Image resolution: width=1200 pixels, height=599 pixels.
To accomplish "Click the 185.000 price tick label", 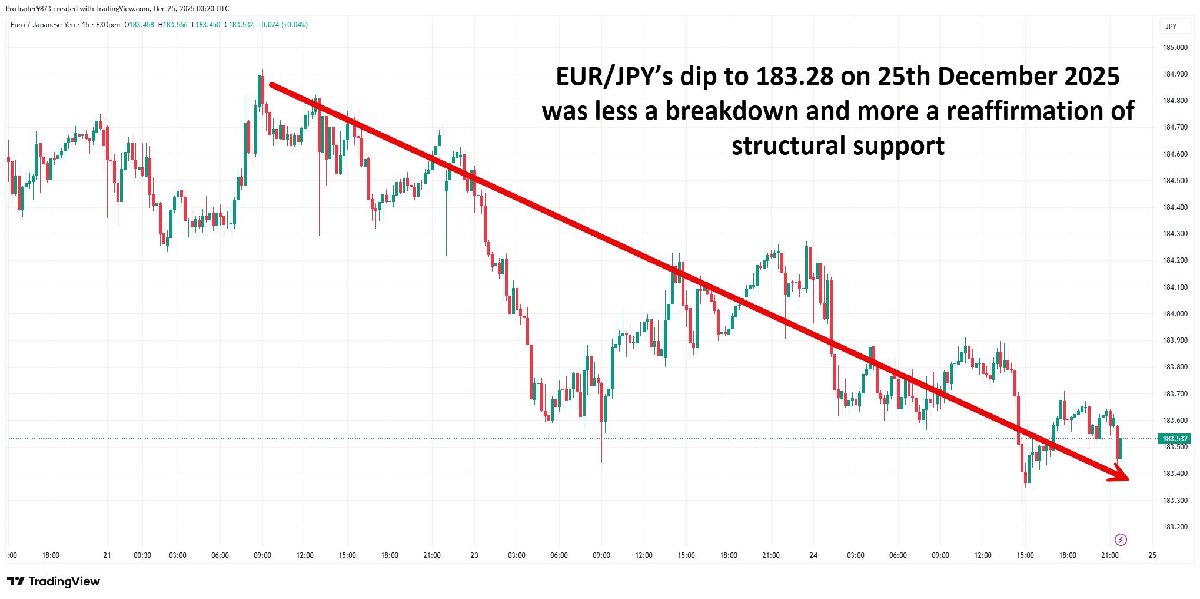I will click(1175, 48).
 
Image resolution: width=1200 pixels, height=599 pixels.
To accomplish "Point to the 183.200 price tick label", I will click(1175, 527).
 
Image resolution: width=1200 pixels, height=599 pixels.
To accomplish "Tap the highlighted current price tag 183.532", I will click(1175, 439).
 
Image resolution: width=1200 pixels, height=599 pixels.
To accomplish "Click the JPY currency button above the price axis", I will click(1171, 27).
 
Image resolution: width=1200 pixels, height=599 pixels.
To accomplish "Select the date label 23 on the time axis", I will click(474, 555).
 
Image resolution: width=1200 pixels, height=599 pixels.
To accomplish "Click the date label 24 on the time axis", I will click(813, 555).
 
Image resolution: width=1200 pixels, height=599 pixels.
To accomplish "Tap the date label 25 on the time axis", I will click(1152, 555).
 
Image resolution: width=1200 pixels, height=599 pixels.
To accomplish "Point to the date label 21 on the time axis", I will click(107, 555).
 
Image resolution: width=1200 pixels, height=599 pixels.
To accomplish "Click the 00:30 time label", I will click(142, 555).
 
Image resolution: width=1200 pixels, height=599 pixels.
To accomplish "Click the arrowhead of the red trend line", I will click(1122, 475).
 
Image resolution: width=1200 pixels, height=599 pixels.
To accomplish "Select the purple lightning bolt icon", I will click(1121, 540).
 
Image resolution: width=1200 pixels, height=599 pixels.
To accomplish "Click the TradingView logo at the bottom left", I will click(54, 581).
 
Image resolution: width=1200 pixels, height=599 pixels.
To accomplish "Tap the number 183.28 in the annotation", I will click(795, 77).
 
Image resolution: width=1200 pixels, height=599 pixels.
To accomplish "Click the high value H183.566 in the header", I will click(173, 25).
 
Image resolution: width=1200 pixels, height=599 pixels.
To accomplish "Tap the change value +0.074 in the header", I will click(268, 25).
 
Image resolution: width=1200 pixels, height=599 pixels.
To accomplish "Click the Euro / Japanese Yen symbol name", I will click(43, 25).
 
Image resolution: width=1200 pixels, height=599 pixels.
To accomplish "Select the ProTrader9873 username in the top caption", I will click(28, 9).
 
